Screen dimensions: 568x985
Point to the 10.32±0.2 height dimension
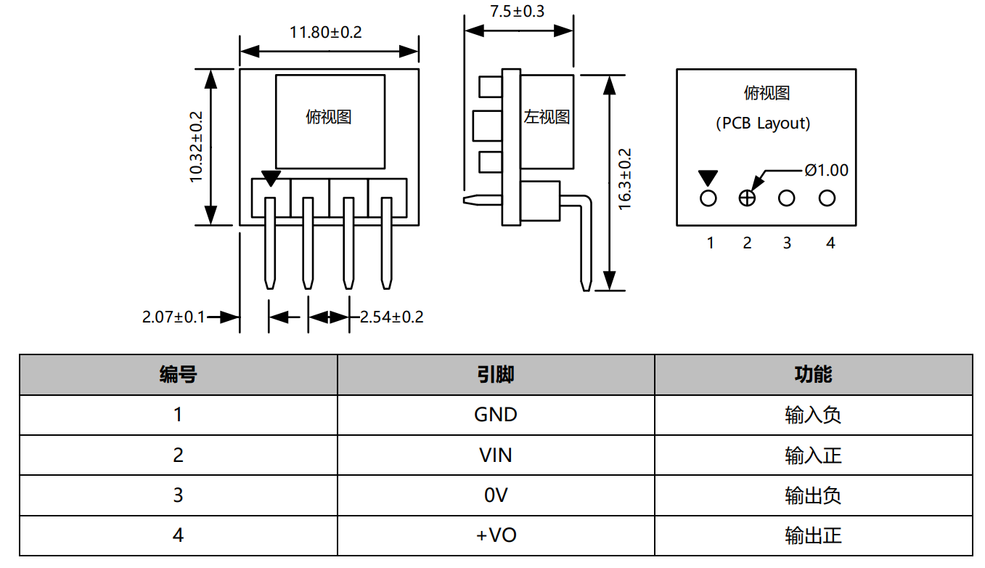(196, 147)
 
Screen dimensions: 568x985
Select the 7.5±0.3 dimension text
(517, 12)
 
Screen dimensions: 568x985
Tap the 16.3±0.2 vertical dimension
(625, 179)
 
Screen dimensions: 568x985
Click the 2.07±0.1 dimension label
(173, 317)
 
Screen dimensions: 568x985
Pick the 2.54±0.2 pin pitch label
(391, 317)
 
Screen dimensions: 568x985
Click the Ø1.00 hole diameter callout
(826, 170)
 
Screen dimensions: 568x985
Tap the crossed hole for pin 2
(747, 198)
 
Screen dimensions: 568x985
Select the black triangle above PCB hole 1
(708, 178)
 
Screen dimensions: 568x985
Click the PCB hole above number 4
(827, 198)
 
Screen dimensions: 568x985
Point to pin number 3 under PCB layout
(787, 243)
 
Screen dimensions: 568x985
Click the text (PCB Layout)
(763, 123)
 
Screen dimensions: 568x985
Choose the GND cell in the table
(496, 415)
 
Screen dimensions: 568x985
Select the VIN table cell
(496, 455)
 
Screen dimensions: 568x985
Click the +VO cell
(496, 535)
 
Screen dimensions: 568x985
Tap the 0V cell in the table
(496, 495)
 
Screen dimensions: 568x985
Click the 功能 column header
(813, 375)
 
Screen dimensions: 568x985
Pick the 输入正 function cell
(813, 455)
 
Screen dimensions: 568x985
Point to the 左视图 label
(547, 116)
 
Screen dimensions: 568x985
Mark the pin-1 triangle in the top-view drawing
(271, 179)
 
